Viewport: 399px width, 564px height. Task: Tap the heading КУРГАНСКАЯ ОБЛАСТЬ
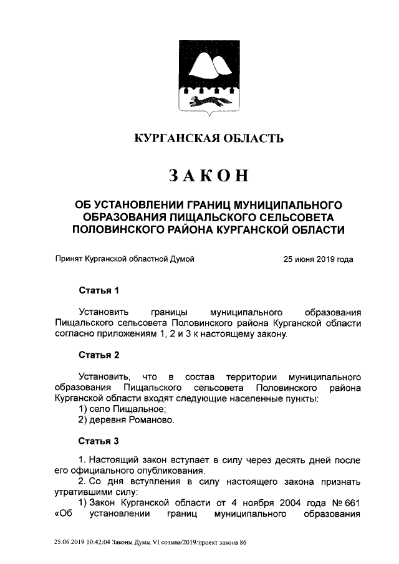(x=209, y=138)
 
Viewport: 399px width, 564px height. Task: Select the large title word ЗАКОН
(x=209, y=176)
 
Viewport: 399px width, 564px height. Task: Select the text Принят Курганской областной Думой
(x=125, y=260)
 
